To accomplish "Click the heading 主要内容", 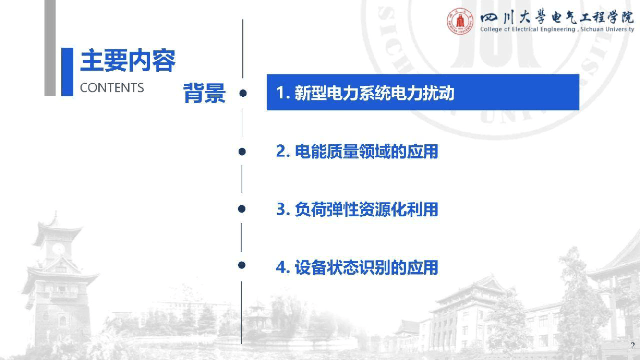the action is coord(128,60).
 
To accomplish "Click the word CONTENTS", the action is coord(112,88).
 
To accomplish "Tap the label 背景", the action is coord(204,93).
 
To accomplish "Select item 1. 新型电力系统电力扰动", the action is coord(365,93).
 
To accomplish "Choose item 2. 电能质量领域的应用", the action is coord(357,151).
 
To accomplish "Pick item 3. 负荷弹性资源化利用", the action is coord(357,209).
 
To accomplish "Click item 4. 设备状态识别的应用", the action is coord(357,267).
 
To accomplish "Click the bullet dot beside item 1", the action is coord(243,93).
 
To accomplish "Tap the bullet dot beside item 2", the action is coord(242,151).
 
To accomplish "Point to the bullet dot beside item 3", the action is coord(242,209).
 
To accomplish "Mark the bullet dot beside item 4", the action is coord(242,265).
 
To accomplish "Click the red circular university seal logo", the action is coord(460,21).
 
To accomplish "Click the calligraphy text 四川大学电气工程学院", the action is coord(556,17).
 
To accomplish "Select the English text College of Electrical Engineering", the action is coord(528,29).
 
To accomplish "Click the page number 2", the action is coord(633,346).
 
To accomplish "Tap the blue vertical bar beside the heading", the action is coord(67,72).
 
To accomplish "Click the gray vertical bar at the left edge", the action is coord(50,48).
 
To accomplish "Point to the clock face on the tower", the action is coord(59,249).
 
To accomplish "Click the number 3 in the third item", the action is coord(280,209).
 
